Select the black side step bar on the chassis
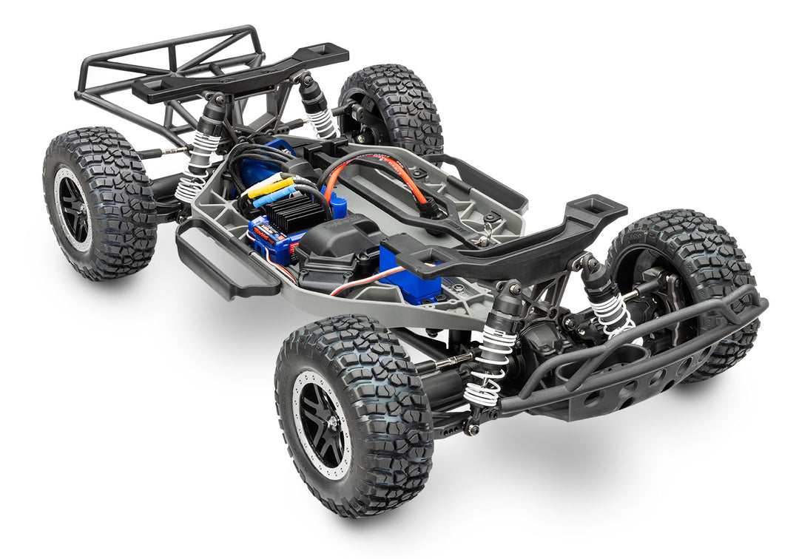pyautogui.click(x=222, y=266)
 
